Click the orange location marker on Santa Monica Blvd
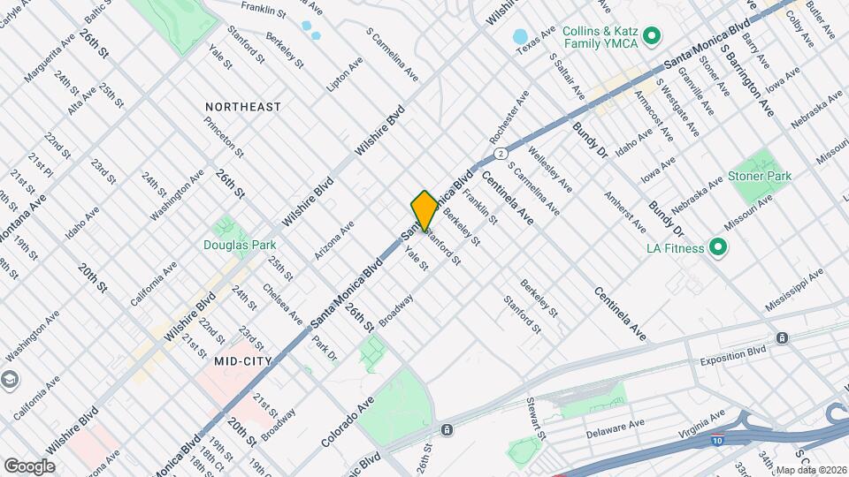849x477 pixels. (424, 210)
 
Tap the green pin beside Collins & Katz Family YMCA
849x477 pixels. (652, 36)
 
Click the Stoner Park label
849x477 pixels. (759, 177)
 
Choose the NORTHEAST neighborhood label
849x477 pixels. (243, 107)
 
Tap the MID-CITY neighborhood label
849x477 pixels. (241, 360)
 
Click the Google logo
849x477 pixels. (29, 466)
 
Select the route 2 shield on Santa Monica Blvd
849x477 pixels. (501, 154)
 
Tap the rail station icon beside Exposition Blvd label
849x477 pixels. (782, 338)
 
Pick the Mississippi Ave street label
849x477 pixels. (796, 285)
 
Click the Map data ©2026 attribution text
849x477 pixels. (810, 470)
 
